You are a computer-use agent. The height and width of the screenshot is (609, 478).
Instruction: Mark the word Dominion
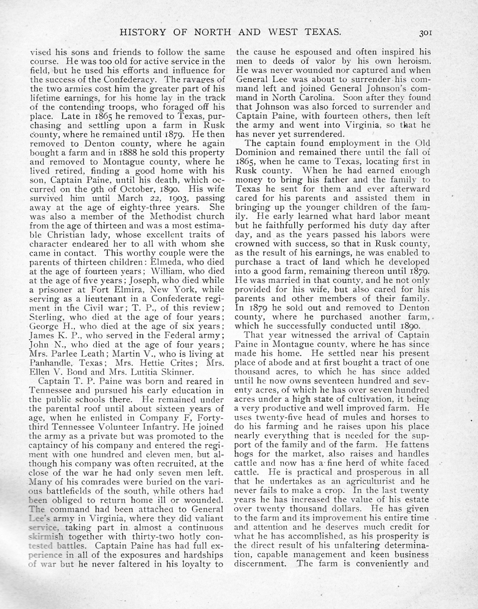[256, 152]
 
